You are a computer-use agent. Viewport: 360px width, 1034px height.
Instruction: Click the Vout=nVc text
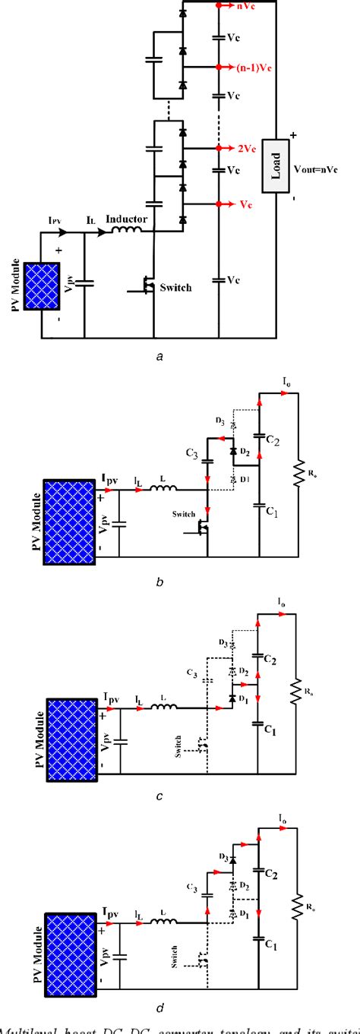(x=319, y=173)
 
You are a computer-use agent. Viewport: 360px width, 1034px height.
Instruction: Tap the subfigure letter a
(x=158, y=355)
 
